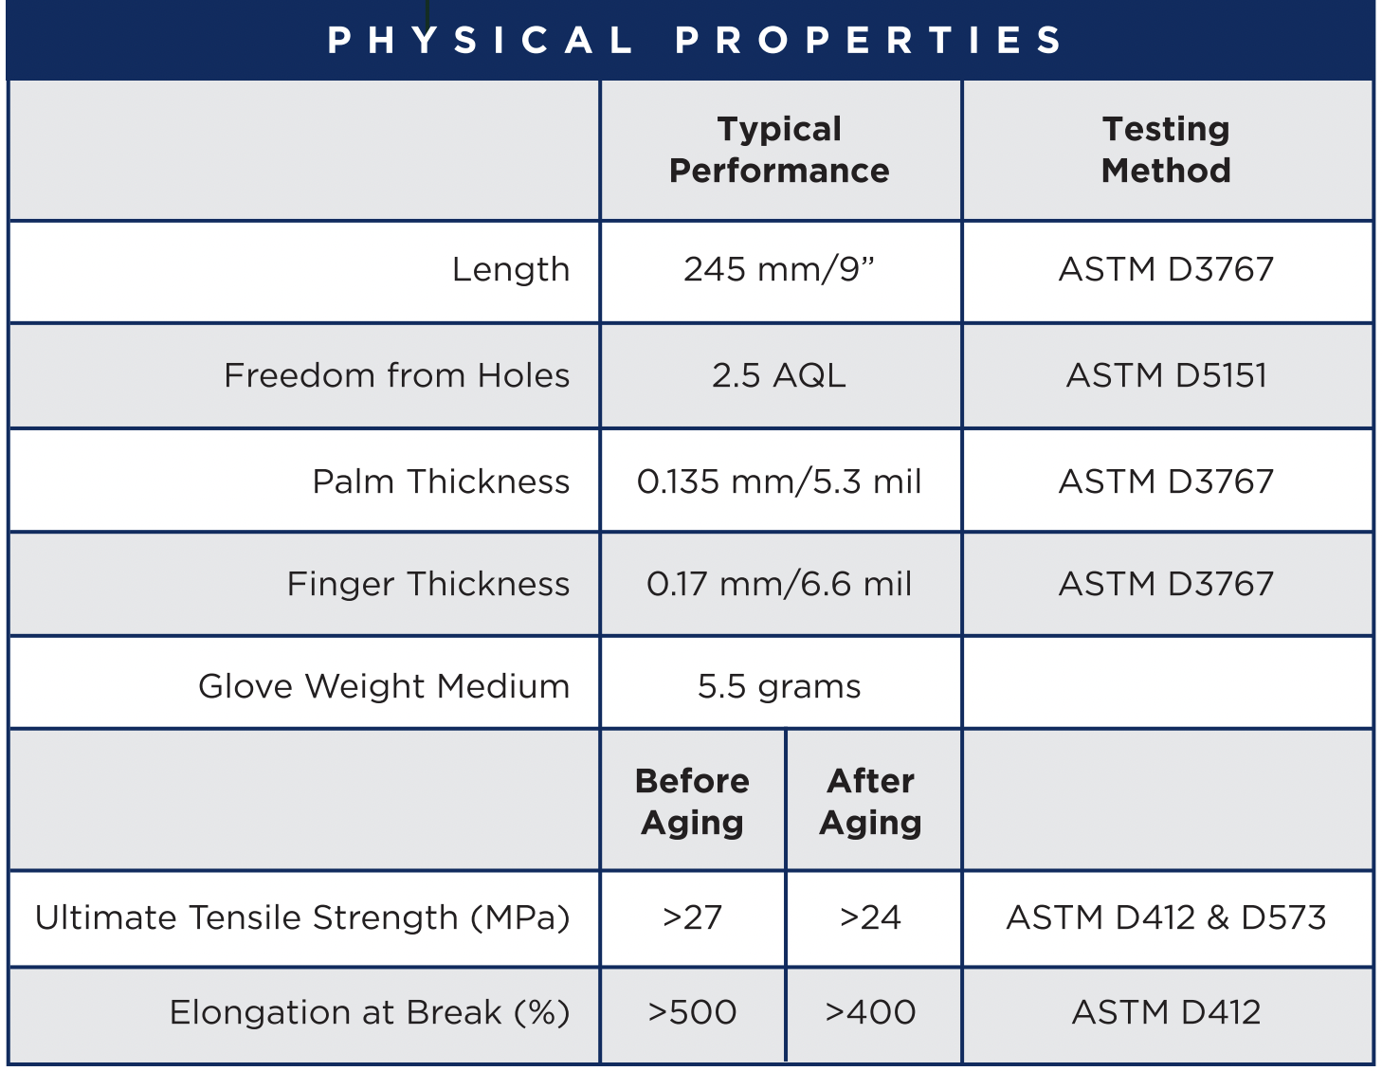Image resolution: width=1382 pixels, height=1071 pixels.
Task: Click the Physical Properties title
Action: click(694, 40)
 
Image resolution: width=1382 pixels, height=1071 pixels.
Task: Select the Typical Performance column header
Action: click(779, 150)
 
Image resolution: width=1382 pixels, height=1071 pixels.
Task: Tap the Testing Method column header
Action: click(1166, 150)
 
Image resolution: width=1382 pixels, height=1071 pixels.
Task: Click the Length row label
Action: click(511, 269)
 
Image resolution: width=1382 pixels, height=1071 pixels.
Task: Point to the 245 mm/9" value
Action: click(779, 269)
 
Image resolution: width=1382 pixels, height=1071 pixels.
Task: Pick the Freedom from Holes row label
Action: click(397, 375)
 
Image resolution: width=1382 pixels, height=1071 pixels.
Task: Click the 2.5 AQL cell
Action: click(779, 375)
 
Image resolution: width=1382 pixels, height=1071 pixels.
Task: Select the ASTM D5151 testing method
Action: click(1167, 375)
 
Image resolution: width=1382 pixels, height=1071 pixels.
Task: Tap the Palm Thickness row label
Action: click(441, 481)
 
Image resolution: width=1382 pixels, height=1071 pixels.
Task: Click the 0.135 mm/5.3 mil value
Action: click(779, 481)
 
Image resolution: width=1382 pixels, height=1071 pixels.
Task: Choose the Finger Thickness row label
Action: click(428, 584)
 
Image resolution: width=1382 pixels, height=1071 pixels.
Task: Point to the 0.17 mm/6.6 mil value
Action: click(779, 584)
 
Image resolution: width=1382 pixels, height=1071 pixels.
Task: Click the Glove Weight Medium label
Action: click(384, 686)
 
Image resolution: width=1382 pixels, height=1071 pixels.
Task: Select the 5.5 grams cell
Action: click(779, 686)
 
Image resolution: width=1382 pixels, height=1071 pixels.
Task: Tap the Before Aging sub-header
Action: click(692, 802)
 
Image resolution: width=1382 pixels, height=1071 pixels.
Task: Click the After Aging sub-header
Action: click(871, 802)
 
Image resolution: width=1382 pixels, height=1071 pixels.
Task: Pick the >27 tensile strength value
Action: click(692, 917)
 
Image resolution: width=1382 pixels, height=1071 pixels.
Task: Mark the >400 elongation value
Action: click(871, 1012)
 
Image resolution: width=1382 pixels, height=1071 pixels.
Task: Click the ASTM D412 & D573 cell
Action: click(1167, 917)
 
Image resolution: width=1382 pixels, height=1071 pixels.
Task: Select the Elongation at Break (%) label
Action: click(370, 1012)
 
